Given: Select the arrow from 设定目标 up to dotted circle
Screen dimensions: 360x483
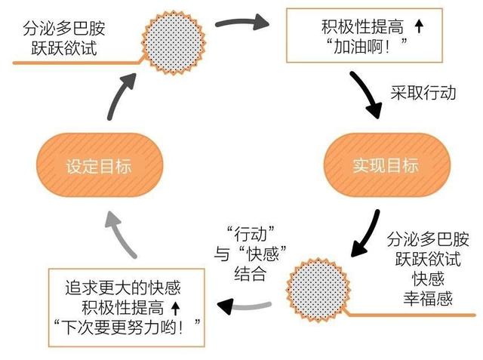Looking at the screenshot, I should (122, 94).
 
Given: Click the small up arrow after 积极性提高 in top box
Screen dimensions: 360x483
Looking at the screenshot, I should (420, 28).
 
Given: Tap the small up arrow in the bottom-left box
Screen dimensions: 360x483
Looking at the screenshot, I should (176, 307).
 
